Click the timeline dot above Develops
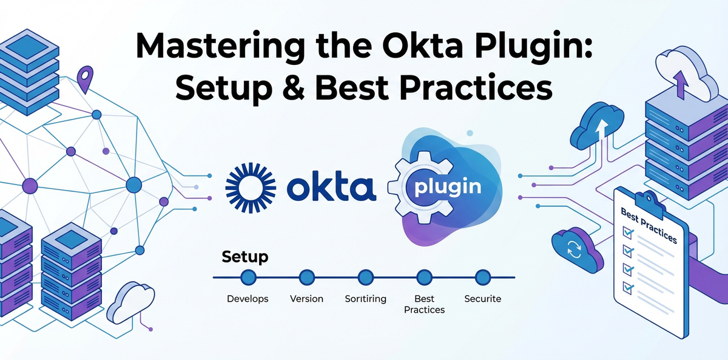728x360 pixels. tap(249, 277)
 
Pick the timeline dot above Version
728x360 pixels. tap(307, 277)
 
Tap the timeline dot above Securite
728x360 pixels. tap(483, 277)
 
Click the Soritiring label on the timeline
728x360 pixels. tap(365, 299)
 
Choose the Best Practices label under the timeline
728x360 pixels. tap(425, 304)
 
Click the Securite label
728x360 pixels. tap(483, 299)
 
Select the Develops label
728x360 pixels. tap(248, 299)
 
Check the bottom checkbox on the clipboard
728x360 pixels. tap(627, 287)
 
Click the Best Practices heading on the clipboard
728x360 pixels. tap(649, 223)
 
